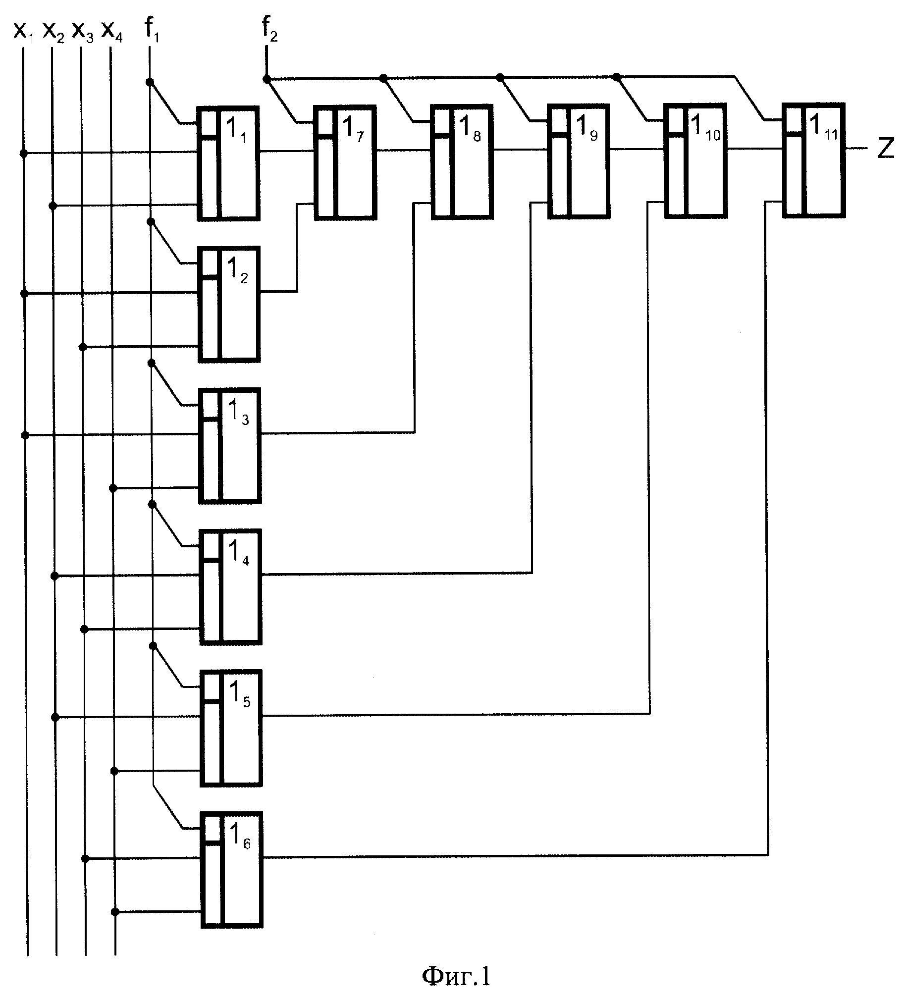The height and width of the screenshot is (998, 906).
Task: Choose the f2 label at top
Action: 270,30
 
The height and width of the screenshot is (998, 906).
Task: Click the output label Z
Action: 886,148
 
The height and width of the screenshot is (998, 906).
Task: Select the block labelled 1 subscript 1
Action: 228,163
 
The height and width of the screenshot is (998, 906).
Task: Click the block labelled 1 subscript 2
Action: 229,304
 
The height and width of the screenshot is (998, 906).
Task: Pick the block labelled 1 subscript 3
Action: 229,446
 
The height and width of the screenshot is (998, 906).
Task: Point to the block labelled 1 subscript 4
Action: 230,587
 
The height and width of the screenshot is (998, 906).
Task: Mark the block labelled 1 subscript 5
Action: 231,728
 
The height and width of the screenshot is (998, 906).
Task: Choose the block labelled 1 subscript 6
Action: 232,869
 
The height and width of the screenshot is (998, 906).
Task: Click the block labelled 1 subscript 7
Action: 345,162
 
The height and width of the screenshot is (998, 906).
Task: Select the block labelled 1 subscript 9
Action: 579,161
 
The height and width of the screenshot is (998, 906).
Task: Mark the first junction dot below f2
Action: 266,78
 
